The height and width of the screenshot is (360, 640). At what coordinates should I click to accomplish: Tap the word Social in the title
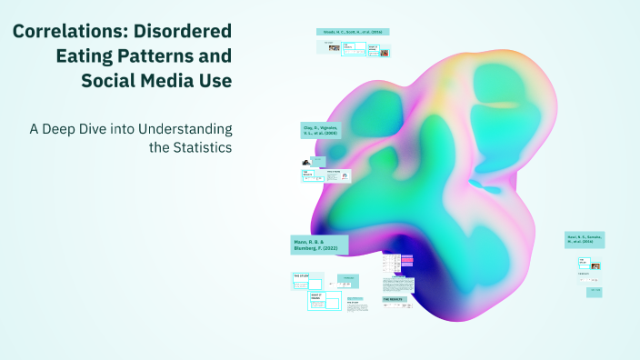(x=107, y=81)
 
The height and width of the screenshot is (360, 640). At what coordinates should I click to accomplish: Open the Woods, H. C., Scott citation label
(x=353, y=32)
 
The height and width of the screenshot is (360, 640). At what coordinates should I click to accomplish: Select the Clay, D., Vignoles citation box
(x=325, y=130)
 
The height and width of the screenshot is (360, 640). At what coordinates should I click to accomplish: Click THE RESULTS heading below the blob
(x=394, y=298)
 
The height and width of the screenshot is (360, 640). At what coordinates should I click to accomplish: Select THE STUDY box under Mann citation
(x=303, y=276)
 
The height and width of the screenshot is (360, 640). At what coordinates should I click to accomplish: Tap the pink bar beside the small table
(x=407, y=261)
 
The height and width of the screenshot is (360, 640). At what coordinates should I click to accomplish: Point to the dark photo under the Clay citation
(x=307, y=162)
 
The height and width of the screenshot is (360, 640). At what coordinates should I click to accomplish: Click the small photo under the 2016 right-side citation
(x=595, y=266)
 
